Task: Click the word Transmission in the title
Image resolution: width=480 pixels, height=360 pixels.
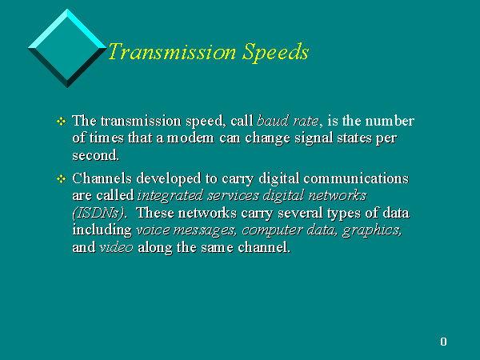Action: point(172,51)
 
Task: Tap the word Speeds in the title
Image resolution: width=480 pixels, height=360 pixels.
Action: point(275,53)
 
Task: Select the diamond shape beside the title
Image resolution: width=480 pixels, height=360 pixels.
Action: point(67,48)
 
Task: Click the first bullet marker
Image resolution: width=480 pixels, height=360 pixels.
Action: point(62,122)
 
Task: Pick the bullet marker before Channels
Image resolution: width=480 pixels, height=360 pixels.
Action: point(62,178)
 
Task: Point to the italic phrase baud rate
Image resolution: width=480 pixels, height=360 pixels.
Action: point(288,121)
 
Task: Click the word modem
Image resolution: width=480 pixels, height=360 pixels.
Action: point(190,138)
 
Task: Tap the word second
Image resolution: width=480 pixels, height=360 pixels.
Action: point(95,155)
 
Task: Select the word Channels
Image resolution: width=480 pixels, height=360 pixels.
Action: point(102,178)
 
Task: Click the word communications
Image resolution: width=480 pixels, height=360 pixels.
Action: point(356,178)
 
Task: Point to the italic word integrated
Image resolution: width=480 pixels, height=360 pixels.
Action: point(170,196)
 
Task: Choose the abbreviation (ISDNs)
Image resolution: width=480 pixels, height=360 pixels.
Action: point(98,213)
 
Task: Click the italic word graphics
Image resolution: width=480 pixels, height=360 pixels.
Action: point(372,230)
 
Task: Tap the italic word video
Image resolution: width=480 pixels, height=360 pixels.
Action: point(116,247)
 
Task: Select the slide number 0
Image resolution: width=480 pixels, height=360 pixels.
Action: point(443,342)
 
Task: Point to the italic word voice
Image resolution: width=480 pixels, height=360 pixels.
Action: point(153,230)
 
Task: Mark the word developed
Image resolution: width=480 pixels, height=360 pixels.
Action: point(169,178)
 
